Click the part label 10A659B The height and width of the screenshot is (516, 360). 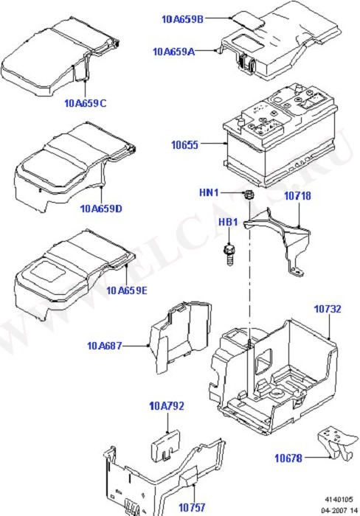point(182,19)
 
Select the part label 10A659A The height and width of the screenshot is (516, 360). point(173,52)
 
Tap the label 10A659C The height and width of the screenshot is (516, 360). point(86,103)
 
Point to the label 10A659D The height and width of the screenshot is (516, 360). point(101,209)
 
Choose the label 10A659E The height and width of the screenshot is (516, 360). point(126,290)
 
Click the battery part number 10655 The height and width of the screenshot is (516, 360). point(184,144)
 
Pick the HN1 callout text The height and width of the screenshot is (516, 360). point(209,192)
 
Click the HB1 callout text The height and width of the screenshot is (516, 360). point(228,222)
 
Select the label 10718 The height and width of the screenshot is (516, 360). point(297,196)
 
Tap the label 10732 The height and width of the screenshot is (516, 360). point(328,309)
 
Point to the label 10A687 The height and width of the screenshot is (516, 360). point(105,346)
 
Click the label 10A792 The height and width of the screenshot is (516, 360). point(167,406)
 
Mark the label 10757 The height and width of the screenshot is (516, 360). point(192,507)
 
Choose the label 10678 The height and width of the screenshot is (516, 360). point(288,458)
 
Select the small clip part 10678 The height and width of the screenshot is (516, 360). point(338,442)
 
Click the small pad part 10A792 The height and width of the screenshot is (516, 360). point(166,445)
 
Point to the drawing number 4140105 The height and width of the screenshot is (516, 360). point(339,500)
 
